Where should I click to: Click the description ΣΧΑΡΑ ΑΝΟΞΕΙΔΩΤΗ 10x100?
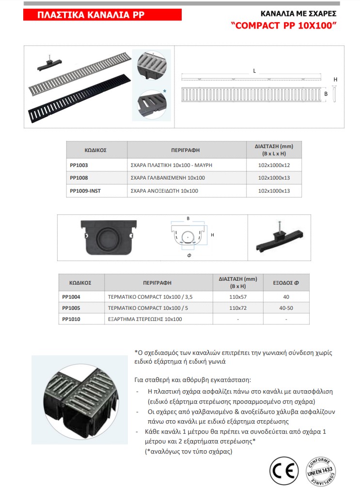pos(165,191)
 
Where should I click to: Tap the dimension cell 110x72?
pos(237,308)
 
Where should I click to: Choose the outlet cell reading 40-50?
pos(286,308)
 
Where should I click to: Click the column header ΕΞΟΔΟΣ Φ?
pos(286,282)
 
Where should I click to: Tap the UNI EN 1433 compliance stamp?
pos(320,470)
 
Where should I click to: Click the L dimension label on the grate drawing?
pos(254,71)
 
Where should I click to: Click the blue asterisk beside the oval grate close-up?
pos(165,91)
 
